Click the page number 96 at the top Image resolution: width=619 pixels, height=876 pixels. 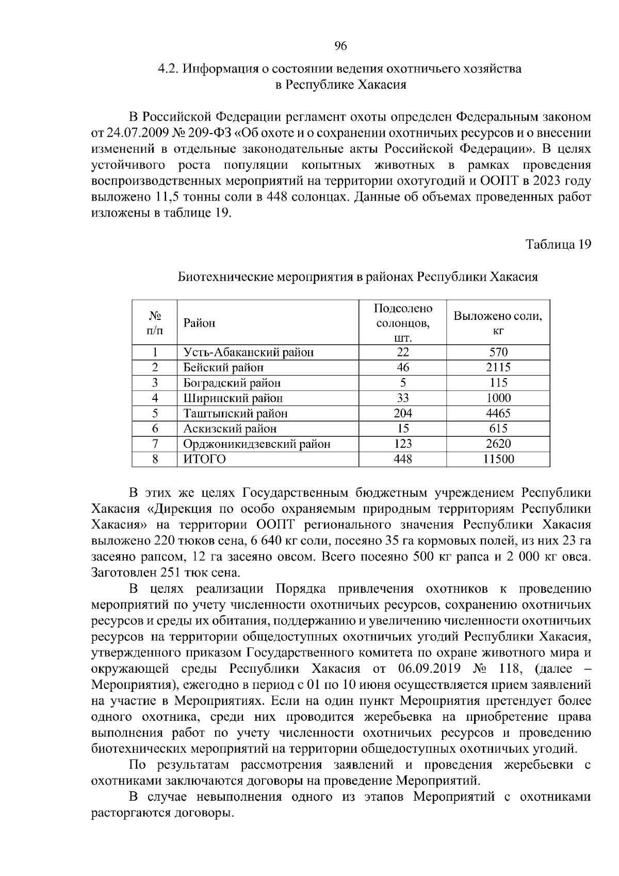tap(340, 46)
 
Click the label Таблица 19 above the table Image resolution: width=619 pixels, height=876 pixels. tap(558, 244)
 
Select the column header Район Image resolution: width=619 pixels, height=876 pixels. tap(200, 323)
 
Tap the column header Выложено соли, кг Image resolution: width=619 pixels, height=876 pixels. tap(498, 323)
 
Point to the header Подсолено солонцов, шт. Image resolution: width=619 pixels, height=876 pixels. tap(402, 323)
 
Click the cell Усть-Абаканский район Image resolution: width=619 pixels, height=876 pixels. tap(249, 352)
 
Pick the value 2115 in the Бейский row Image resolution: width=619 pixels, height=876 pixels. tap(498, 367)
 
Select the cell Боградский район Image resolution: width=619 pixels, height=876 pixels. tap(232, 383)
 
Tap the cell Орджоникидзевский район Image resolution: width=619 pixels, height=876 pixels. tap(257, 444)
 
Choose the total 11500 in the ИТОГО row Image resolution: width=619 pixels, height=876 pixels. tap(498, 459)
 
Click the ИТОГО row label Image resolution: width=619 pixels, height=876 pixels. tap(204, 459)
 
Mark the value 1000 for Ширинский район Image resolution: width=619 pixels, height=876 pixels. tap(498, 398)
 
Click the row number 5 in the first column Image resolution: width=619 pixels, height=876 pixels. tap(155, 413)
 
